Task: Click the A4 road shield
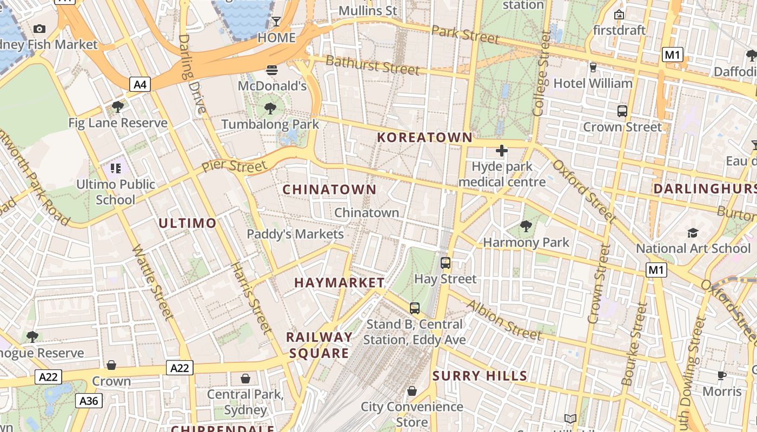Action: pos(140,84)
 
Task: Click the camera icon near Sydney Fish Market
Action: pos(39,29)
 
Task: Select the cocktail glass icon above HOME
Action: pos(276,22)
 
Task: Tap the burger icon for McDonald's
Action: pos(272,70)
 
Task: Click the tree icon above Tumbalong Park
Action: pos(270,109)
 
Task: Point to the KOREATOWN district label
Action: pos(425,137)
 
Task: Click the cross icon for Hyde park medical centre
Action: pos(502,151)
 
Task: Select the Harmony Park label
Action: pos(526,242)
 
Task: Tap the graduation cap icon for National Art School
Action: pos(693,233)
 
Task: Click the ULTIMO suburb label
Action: pos(188,223)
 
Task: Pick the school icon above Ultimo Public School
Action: pos(115,168)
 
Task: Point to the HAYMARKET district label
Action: pos(340,282)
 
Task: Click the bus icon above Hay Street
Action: pos(446,263)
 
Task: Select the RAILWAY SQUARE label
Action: pos(319,345)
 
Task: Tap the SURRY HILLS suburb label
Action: pos(480,376)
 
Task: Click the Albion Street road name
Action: pos(504,320)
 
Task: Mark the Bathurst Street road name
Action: pos(373,65)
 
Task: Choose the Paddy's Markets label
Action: pos(295,234)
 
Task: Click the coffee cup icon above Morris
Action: pos(722,375)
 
